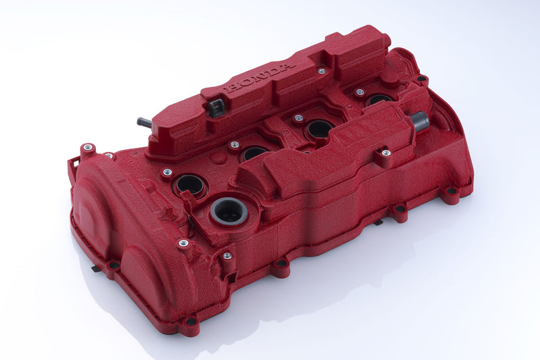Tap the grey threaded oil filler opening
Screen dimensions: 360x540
point(229,212)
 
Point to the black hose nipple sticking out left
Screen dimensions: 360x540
point(144,123)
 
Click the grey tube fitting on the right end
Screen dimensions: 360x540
point(419,121)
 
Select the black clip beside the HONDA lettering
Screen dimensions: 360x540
point(215,107)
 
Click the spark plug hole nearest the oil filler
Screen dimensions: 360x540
point(190,184)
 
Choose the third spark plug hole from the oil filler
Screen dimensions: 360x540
point(318,128)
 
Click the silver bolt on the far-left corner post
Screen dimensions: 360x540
point(87,147)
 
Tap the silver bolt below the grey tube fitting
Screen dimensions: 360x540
point(386,153)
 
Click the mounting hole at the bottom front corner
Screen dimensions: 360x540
point(191,322)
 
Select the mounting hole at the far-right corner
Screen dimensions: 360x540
point(450,192)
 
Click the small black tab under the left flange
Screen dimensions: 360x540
point(97,268)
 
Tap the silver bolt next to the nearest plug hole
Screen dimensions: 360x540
point(167,172)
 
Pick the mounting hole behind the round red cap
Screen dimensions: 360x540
point(422,79)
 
